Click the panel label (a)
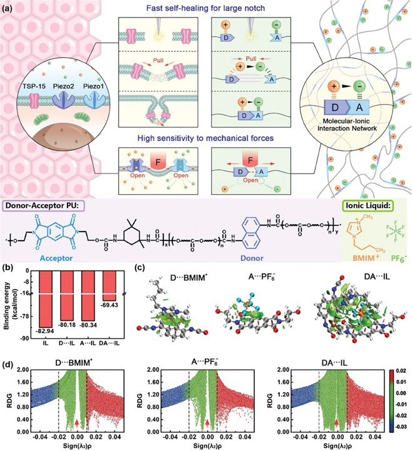coord(13,8)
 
